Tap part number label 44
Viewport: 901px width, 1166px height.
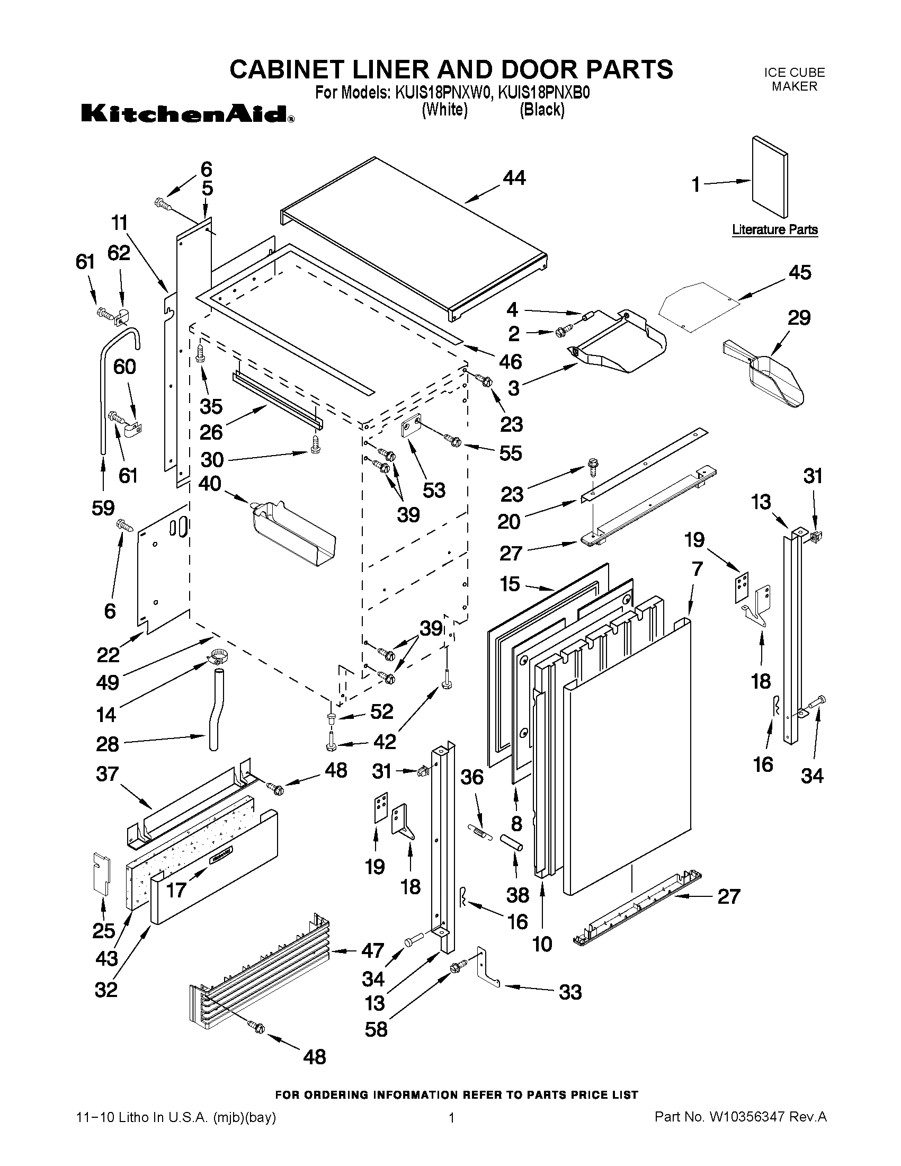513,178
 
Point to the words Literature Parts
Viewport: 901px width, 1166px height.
774,230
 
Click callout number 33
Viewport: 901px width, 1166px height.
569,992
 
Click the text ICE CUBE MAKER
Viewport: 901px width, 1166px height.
793,79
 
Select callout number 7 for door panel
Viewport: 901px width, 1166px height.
697,568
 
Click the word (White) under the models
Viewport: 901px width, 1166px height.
444,110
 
